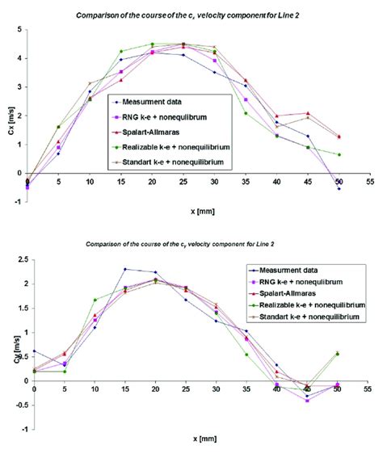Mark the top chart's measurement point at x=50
point(339,188)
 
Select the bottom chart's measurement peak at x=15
point(125,269)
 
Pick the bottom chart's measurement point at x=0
point(34,351)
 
